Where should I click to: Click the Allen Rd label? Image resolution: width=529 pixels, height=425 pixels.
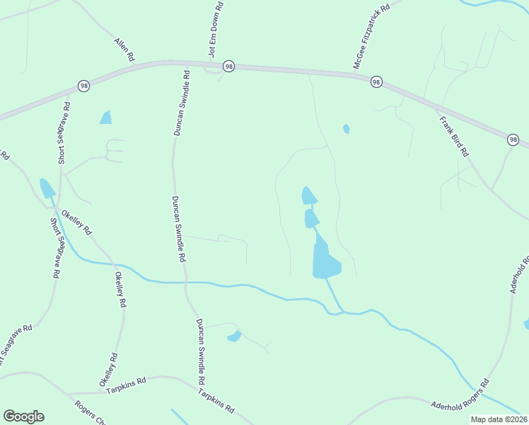click(124, 49)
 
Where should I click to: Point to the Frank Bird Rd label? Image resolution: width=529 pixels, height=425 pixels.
click(454, 137)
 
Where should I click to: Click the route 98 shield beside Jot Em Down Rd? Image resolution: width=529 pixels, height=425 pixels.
click(228, 66)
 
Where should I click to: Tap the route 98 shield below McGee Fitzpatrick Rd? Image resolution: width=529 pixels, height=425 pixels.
click(376, 81)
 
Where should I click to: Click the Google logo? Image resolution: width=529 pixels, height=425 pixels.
click(23, 416)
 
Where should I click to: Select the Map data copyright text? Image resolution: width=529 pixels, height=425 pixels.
click(499, 419)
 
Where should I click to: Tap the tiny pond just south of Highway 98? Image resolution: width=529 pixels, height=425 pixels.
click(346, 129)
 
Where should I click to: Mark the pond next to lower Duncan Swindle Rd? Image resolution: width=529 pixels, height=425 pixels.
click(234, 336)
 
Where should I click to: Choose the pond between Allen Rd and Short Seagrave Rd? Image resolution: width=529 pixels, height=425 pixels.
click(106, 118)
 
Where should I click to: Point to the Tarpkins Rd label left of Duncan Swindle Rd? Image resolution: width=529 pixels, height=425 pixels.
click(126, 386)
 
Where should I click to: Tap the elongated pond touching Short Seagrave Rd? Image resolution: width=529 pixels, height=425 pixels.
click(47, 188)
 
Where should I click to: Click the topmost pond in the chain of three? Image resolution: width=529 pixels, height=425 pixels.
click(309, 195)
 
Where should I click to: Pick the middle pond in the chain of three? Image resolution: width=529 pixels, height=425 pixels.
click(311, 218)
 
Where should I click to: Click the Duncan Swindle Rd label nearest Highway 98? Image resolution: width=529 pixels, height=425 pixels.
click(181, 103)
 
